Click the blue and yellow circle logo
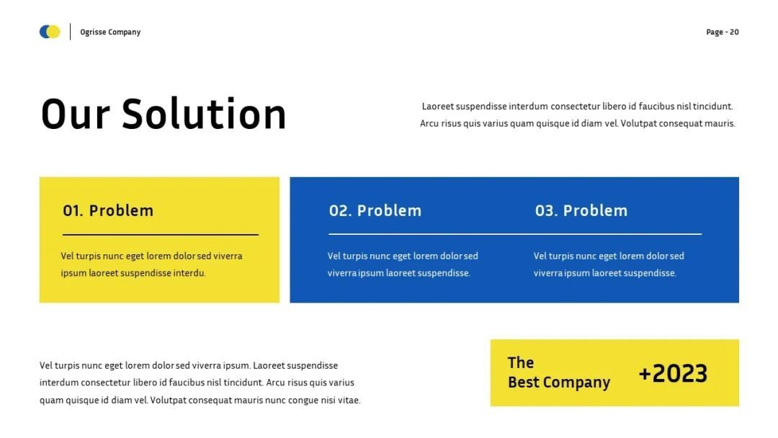[x=50, y=32]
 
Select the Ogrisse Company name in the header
[x=110, y=32]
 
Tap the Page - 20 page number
[x=723, y=32]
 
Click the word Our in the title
[x=75, y=115]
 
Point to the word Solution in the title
[x=204, y=114]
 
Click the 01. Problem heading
[x=108, y=210]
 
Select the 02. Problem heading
[x=375, y=210]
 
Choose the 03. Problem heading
[x=581, y=210]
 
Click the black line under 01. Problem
[x=160, y=235]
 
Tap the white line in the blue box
[x=515, y=233]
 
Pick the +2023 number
[x=673, y=373]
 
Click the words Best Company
[x=559, y=383]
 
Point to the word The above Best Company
[x=521, y=362]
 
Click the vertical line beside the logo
[x=70, y=32]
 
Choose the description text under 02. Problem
[x=403, y=264]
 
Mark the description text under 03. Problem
[x=609, y=264]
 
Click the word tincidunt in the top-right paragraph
[x=713, y=106]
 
